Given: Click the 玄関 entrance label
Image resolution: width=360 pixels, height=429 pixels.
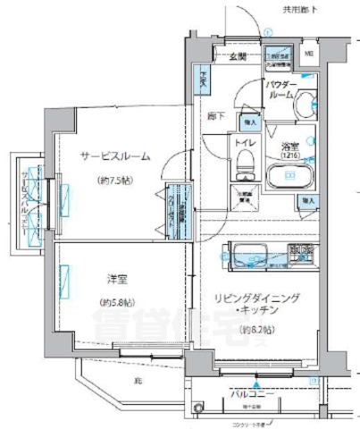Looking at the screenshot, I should tap(237, 57).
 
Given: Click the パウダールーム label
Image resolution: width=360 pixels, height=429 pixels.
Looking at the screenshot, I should tap(281, 93).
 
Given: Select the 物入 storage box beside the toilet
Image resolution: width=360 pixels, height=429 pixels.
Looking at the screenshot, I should tap(249, 121).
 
